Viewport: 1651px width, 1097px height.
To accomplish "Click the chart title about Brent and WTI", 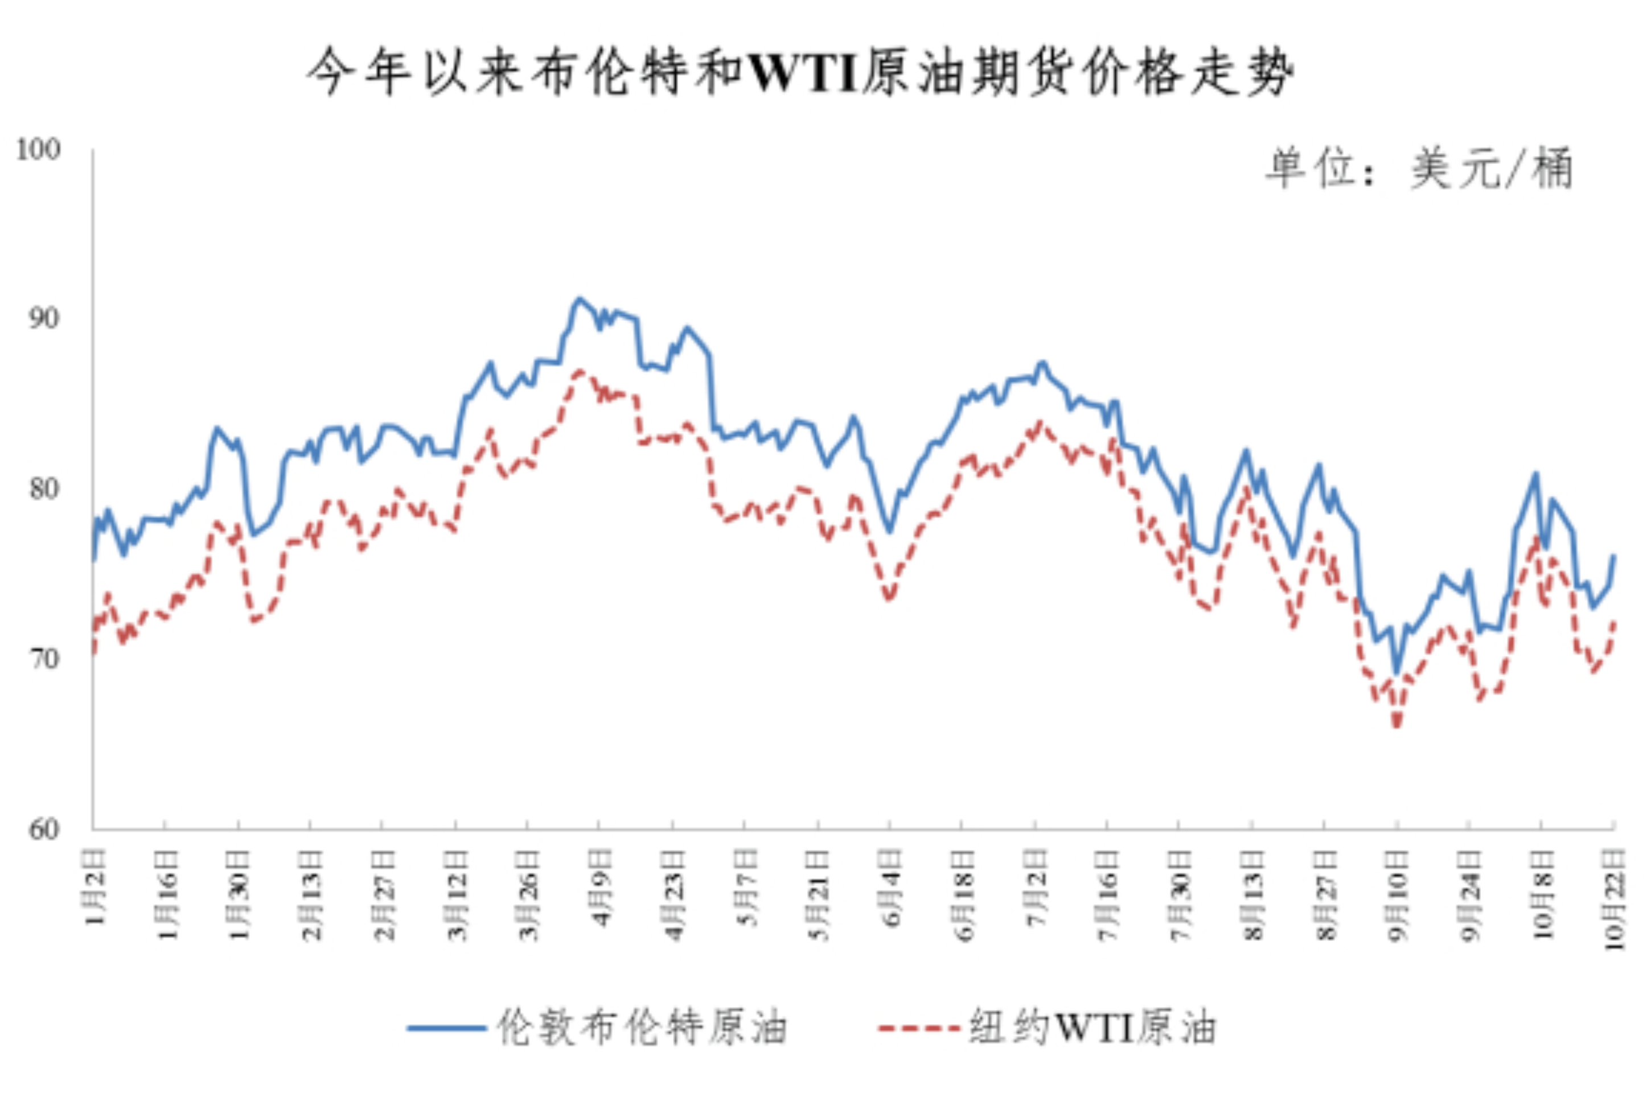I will coord(800,73).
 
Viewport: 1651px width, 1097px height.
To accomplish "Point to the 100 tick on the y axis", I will coord(39,150).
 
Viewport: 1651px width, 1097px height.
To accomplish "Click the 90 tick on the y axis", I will coord(43,319).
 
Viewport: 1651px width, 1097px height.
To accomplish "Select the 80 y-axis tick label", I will coord(43,488).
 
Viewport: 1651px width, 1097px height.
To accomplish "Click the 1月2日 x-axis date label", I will coord(96,886).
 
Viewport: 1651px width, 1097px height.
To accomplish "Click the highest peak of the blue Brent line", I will coord(578,299).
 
